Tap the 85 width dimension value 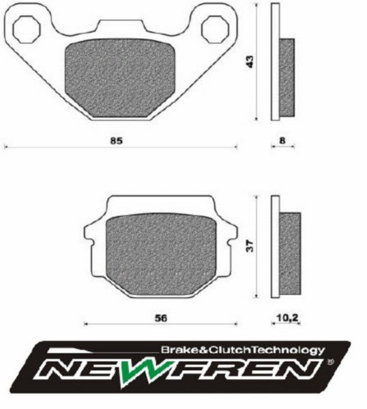point(117,141)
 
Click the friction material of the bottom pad point(162,252)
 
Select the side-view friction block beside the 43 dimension point(288,76)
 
